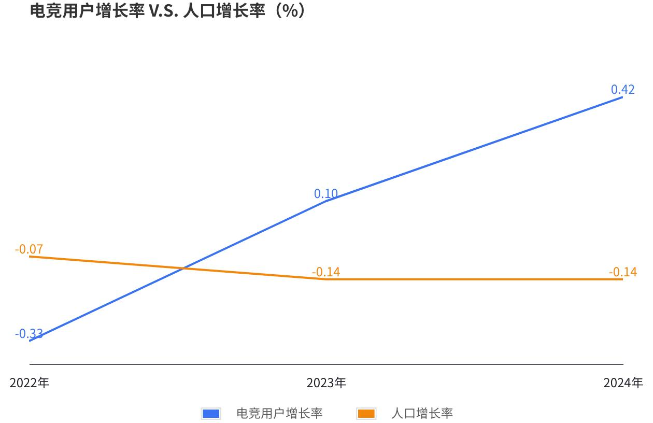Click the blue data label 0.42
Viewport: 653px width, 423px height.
tap(622, 89)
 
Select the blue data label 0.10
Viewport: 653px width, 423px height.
tap(326, 194)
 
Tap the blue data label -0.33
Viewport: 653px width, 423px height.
tap(29, 333)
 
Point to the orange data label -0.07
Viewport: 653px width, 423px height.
tap(29, 249)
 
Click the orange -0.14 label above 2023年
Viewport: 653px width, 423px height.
tap(326, 272)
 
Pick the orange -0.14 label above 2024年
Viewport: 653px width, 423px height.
tap(622, 272)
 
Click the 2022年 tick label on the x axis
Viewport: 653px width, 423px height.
tap(30, 383)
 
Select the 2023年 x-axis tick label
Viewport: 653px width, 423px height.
tap(327, 383)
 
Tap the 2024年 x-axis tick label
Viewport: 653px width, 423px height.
tap(623, 383)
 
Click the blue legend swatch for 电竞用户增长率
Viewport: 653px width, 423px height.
tap(211, 413)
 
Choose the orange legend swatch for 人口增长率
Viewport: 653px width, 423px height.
tap(366, 413)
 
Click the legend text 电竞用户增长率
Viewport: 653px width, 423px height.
tap(279, 413)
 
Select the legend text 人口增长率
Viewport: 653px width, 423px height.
tap(422, 413)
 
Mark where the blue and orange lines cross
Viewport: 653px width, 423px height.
tap(183, 269)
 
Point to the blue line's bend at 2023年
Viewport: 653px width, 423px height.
tap(327, 200)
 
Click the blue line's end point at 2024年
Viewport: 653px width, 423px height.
tap(622, 97)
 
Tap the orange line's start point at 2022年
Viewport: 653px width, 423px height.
tap(30, 256)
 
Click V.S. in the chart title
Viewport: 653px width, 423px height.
tap(164, 11)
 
